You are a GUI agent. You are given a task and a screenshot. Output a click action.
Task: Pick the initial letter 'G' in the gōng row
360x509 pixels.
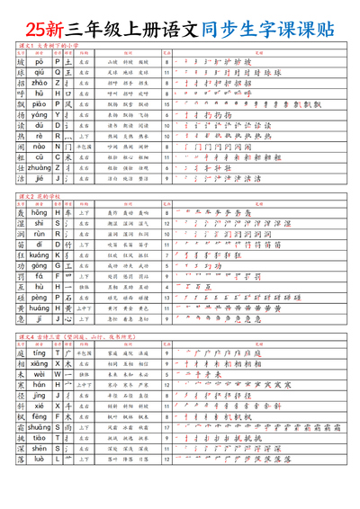pyautogui.click(x=58, y=265)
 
